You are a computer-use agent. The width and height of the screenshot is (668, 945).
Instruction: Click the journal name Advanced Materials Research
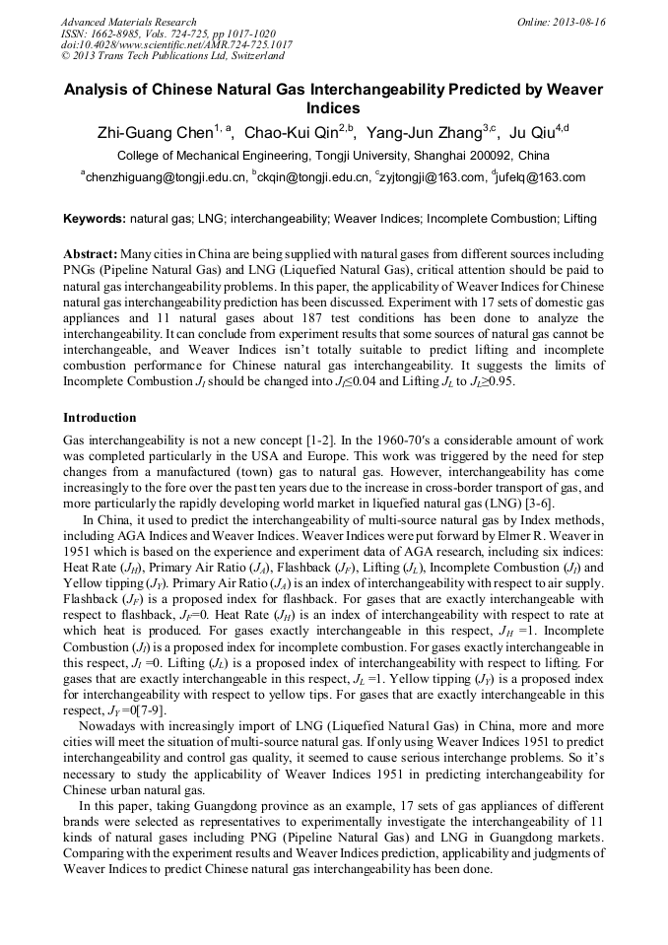click(128, 22)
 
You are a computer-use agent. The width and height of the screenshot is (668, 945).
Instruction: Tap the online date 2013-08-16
click(575, 22)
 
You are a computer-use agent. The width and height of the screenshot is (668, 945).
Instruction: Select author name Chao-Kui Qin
click(291, 134)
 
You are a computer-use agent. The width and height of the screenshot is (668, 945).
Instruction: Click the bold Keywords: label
click(95, 218)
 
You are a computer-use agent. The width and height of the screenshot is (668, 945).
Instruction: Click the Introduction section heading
click(100, 418)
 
